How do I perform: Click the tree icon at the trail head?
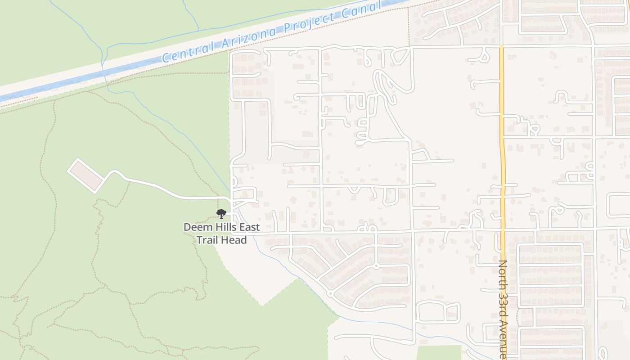point(220,214)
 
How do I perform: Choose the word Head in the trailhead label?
point(235,240)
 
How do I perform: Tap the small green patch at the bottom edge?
point(439,353)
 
